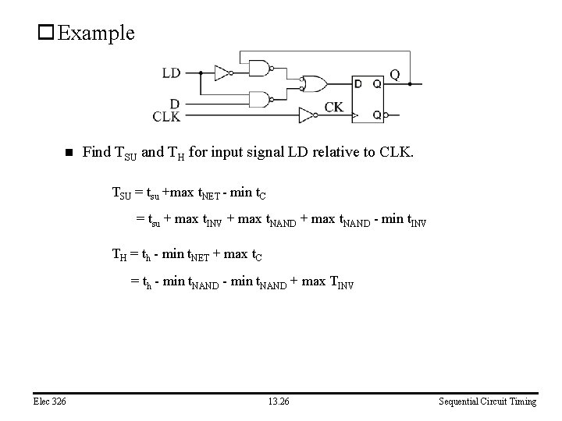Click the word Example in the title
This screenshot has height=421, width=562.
tap(96, 33)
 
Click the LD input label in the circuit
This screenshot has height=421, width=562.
tap(171, 73)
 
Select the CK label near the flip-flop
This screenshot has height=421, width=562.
tap(333, 107)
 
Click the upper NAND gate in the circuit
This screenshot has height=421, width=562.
tap(260, 69)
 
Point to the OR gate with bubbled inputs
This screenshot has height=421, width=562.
tap(315, 83)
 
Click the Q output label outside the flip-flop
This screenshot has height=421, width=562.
tap(395, 74)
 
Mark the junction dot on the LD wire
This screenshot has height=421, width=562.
tap(201, 73)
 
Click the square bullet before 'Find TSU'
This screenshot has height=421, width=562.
tap(68, 153)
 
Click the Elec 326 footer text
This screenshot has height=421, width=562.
tap(49, 402)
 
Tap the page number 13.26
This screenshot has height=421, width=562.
tap(279, 402)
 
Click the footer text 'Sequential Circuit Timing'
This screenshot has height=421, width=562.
tap(487, 402)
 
